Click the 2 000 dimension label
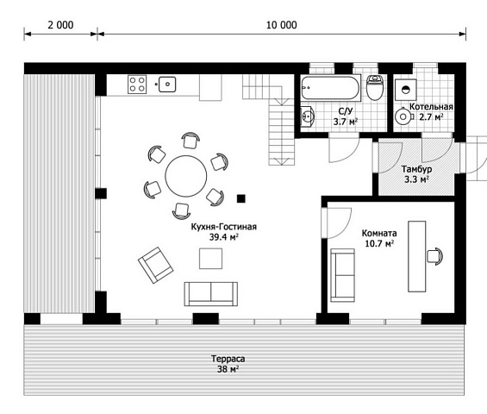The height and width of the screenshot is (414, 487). point(60,25)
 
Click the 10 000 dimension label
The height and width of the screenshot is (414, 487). point(282,25)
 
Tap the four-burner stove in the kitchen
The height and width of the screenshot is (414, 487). point(137,85)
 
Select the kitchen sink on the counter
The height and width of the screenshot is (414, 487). point(167,85)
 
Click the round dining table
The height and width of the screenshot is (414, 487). point(185,176)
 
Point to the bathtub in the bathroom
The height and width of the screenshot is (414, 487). point(330,88)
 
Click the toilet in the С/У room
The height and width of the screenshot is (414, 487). point(375,87)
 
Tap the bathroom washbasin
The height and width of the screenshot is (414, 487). point(308,116)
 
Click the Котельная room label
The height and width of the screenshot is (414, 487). point(431,107)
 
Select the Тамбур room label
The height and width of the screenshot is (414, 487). point(416,169)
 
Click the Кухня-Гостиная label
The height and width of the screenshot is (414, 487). point(223,227)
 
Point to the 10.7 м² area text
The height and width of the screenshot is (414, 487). point(379,243)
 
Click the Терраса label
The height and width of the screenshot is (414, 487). point(228,359)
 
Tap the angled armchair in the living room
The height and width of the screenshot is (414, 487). point(156,265)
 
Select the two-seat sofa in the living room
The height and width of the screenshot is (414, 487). point(211,294)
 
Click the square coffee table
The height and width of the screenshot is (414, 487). point(210,258)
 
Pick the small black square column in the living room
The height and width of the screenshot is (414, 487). point(241,198)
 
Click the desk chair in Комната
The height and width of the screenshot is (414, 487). point(434,256)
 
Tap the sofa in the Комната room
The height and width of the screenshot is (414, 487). point(342,275)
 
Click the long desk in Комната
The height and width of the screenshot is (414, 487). point(417,256)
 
